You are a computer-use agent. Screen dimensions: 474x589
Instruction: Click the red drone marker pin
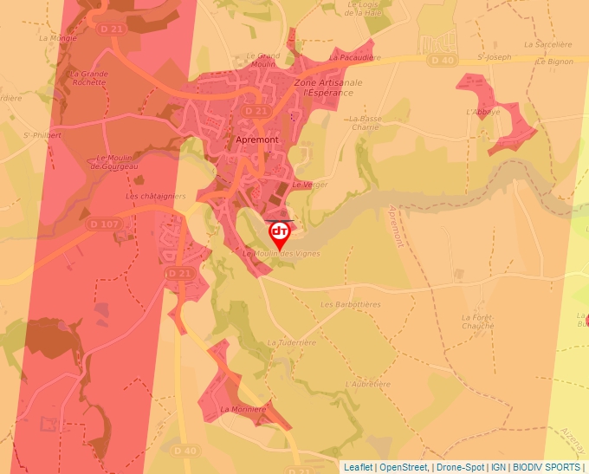click(280, 233)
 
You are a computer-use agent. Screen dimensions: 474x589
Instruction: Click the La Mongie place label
click(58, 38)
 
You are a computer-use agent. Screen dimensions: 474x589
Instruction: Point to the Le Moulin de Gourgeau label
click(117, 162)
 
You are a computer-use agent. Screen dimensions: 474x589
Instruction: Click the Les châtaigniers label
click(151, 196)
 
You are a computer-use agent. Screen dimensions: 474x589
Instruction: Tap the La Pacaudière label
click(355, 57)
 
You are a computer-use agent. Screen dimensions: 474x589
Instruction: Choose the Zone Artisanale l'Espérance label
click(328, 88)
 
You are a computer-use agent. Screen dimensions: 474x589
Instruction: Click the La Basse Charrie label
click(366, 122)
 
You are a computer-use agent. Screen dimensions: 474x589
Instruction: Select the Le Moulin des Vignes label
click(282, 253)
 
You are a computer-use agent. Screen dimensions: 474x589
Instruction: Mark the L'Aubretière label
click(364, 382)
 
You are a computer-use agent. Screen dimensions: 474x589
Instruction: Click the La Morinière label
click(243, 409)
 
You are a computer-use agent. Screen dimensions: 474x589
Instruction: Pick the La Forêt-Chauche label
click(477, 321)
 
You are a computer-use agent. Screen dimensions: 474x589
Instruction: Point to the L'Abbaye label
click(482, 112)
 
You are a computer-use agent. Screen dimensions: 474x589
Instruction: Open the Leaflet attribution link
click(358, 467)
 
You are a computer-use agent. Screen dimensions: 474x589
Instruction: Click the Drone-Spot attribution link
click(461, 467)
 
